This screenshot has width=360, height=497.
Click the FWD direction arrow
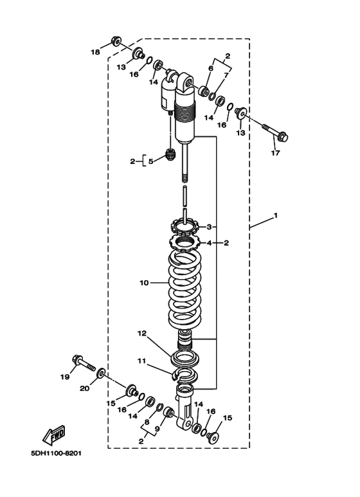[54, 435]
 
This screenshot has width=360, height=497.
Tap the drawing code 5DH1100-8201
[56, 453]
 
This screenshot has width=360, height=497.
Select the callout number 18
[95, 52]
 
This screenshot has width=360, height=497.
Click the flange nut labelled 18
[116, 41]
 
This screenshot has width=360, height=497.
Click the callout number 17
[275, 153]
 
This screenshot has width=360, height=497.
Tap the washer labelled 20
[102, 373]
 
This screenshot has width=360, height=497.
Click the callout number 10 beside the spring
[144, 282]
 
